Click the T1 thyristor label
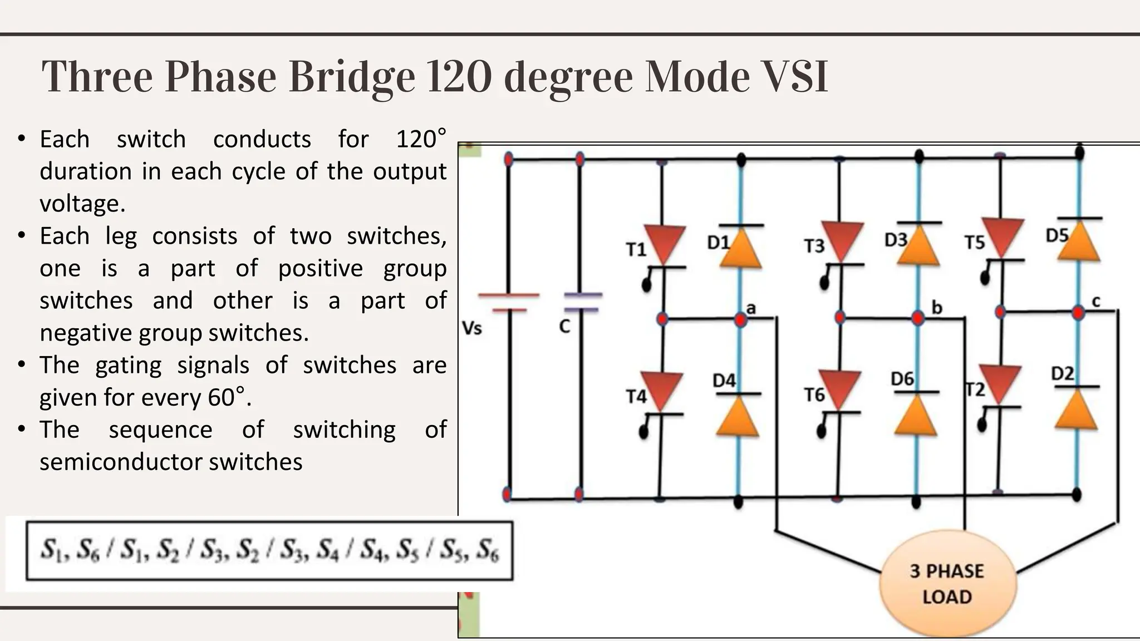(636, 250)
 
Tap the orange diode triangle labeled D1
(740, 249)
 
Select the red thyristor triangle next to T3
(842, 241)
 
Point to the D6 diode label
(902, 379)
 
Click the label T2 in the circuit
(975, 389)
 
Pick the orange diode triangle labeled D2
(1077, 410)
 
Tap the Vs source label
(472, 328)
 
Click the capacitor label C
(564, 327)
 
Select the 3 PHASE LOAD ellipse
(947, 584)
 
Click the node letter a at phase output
(751, 308)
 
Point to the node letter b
(937, 308)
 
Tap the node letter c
(1095, 302)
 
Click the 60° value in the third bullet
(227, 397)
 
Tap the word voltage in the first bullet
(82, 204)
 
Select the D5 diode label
(1057, 236)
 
